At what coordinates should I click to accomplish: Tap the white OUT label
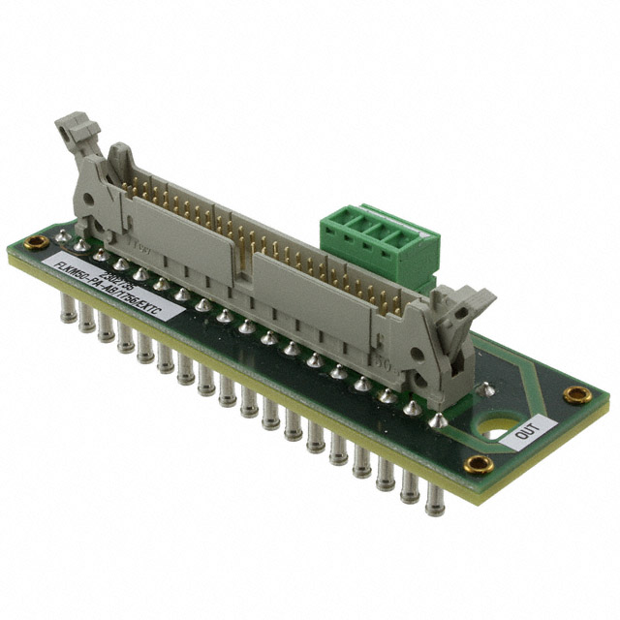click(528, 430)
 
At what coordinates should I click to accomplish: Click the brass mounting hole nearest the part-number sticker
click(36, 241)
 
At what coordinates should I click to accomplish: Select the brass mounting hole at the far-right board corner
click(577, 394)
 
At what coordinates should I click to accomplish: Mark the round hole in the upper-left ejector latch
click(89, 203)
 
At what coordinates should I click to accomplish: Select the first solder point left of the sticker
click(62, 236)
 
